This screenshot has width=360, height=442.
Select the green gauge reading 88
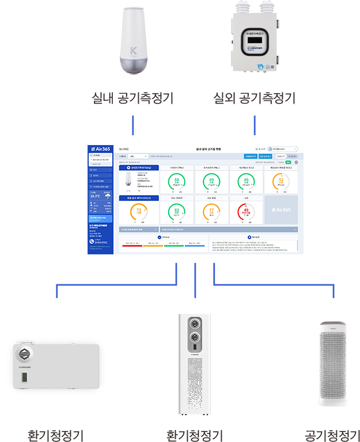click(x=176, y=183)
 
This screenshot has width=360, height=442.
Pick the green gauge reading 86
click(x=247, y=183)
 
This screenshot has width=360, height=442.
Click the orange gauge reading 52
click(x=281, y=183)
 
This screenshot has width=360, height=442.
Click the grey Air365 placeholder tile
click(x=281, y=210)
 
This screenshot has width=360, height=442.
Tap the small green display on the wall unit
click(x=24, y=378)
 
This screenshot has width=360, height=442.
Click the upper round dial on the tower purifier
click(x=195, y=322)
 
